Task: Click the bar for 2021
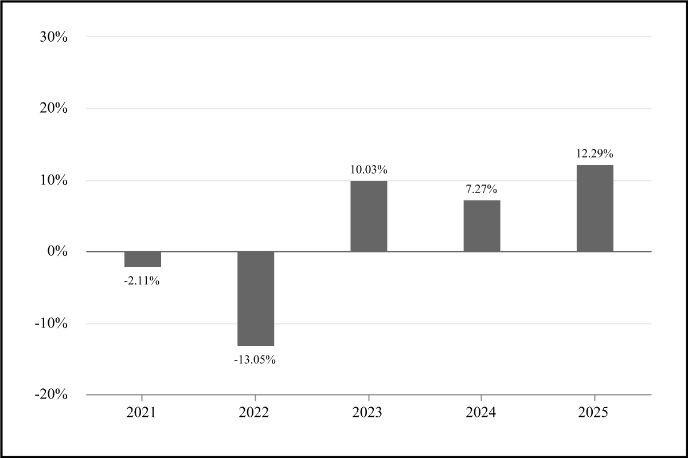point(143,259)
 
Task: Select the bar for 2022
point(256,298)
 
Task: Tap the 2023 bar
point(369,216)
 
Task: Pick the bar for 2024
point(482,226)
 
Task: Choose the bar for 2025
point(595,208)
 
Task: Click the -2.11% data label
point(142,281)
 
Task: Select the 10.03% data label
point(369,169)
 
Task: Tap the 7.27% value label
point(482,188)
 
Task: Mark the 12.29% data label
point(595,153)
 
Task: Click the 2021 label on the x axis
point(142,413)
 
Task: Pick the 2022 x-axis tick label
point(255,413)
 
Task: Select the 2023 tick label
point(369,413)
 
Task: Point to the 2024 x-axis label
point(482,413)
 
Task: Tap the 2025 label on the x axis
point(595,413)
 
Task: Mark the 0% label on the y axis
point(58,252)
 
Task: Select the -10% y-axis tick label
point(52,323)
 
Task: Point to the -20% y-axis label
point(52,395)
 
